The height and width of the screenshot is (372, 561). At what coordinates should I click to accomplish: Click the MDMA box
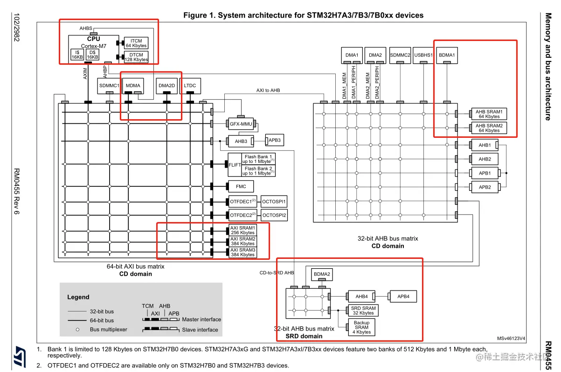point(133,86)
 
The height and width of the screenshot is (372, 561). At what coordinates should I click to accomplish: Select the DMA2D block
point(166,86)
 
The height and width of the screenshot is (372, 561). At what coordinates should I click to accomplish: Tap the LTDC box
point(190,86)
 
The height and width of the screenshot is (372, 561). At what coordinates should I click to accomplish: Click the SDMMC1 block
point(109,86)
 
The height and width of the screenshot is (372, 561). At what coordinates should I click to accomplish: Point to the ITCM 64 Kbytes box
point(136,43)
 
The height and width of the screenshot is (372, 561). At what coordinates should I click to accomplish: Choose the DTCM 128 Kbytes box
point(136,57)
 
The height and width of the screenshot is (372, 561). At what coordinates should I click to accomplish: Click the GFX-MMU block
point(241,124)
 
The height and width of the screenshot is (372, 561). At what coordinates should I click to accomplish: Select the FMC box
point(241,186)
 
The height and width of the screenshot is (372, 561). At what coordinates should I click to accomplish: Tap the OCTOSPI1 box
point(274,202)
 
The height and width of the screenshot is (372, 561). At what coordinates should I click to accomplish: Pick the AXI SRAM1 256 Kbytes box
point(243,230)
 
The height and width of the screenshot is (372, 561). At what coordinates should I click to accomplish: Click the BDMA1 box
point(447,55)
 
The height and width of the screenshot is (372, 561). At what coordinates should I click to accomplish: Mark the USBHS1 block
point(423,55)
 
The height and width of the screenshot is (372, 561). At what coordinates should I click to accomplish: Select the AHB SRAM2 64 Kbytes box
point(489,128)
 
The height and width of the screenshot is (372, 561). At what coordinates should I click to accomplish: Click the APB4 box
point(403,296)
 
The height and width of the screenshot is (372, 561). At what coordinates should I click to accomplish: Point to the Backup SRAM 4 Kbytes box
point(361,327)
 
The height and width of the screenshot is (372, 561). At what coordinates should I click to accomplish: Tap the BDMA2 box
point(322,274)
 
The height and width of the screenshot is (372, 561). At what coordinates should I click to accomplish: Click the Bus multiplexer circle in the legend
point(77,330)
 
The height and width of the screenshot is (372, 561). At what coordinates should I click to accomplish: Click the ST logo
point(20,356)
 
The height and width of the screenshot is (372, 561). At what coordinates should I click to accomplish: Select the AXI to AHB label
point(268,90)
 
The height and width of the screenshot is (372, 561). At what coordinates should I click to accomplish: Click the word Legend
point(78,297)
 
